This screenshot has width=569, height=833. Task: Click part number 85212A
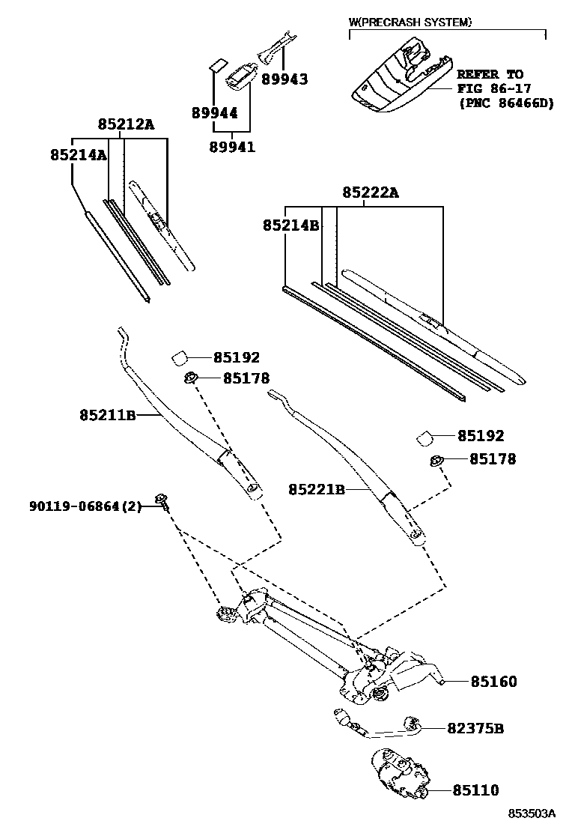click(x=126, y=124)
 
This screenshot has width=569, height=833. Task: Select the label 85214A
click(x=79, y=155)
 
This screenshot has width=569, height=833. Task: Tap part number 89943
click(x=284, y=79)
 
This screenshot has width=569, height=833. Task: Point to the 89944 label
click(x=214, y=113)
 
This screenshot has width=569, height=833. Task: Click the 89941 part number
click(x=232, y=147)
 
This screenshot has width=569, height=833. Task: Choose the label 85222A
click(x=370, y=193)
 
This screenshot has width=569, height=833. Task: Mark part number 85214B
click(x=291, y=225)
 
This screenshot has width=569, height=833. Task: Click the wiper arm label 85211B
click(x=108, y=415)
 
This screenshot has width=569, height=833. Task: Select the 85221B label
click(x=317, y=489)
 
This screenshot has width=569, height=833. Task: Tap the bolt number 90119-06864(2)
click(x=85, y=506)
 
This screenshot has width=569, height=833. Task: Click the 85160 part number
click(x=493, y=682)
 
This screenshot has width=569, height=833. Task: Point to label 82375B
click(x=475, y=728)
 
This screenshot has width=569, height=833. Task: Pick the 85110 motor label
click(x=475, y=790)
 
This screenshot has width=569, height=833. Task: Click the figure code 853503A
click(x=532, y=814)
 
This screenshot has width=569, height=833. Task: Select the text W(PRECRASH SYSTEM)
click(x=410, y=22)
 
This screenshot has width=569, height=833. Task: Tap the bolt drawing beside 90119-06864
click(x=162, y=502)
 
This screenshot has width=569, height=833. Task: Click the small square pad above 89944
click(x=217, y=64)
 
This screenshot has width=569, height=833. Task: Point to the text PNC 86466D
click(x=506, y=103)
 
